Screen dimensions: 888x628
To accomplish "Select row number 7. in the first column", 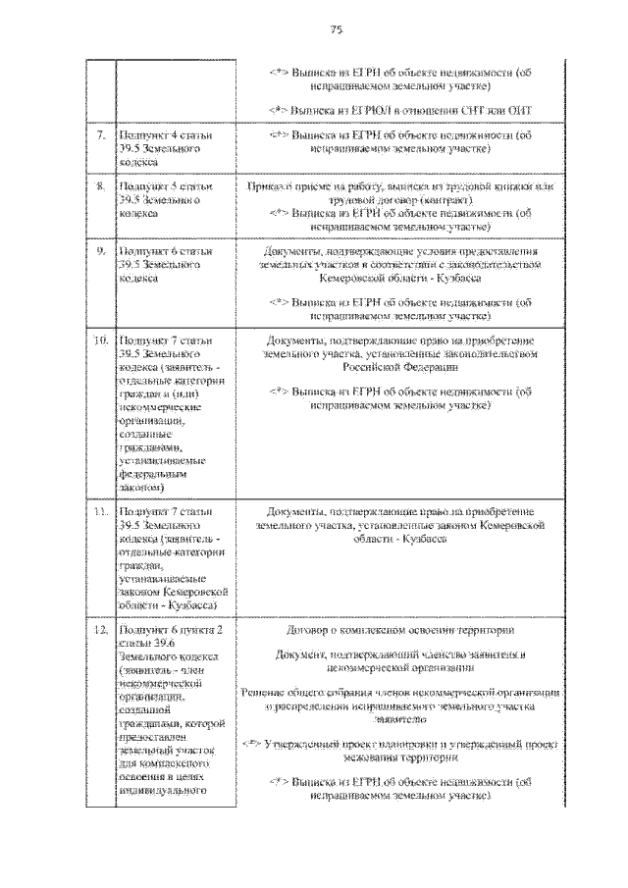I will tap(101, 132).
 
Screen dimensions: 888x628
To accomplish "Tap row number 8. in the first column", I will tap(101, 183).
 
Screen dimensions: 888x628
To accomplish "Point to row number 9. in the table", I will tap(101, 251).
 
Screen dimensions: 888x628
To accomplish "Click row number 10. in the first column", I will tap(100, 340).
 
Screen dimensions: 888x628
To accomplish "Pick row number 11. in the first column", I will tap(100, 511).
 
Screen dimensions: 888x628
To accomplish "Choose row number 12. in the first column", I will tap(100, 629).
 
